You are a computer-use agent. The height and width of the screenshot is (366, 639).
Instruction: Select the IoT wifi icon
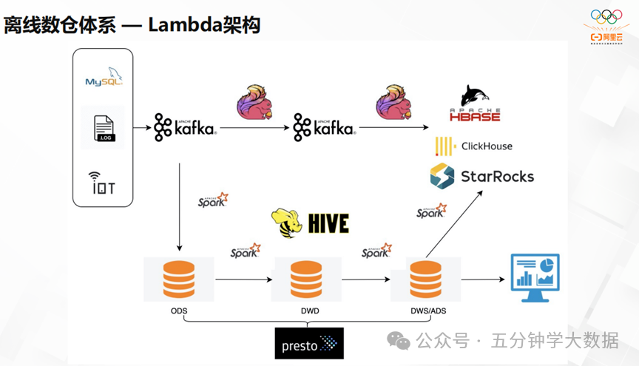103,182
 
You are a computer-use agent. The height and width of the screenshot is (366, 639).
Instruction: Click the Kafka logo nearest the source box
184,127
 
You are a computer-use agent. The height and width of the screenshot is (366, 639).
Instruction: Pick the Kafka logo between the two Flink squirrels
323,127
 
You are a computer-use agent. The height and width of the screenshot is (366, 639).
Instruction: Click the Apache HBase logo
474,104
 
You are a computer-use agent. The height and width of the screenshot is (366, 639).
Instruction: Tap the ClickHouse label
474,146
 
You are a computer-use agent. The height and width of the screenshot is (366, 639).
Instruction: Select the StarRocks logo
481,176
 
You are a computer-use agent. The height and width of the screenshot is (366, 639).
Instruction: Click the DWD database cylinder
305,278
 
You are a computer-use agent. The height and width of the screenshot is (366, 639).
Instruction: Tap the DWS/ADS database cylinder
425,278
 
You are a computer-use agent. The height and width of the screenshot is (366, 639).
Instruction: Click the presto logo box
309,344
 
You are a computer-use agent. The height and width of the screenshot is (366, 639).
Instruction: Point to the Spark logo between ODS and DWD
246,250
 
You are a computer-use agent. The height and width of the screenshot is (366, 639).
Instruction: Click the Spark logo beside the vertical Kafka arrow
213,200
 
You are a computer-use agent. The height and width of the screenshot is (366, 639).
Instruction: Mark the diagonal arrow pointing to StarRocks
455,224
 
